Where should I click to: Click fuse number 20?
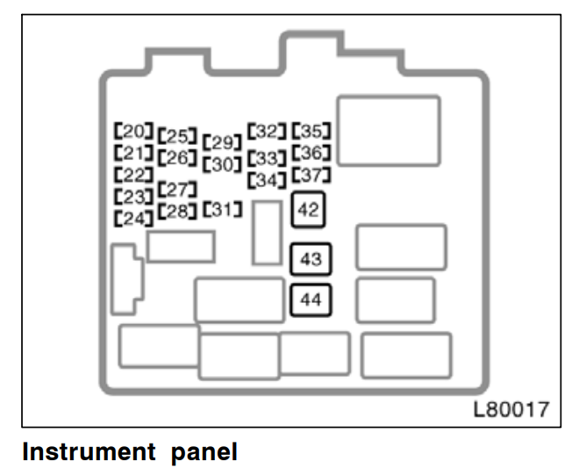click(133, 130)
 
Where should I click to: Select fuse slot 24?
click(133, 216)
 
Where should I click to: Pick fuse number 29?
click(222, 141)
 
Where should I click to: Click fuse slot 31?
click(222, 210)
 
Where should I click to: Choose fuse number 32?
click(268, 132)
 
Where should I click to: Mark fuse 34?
click(268, 180)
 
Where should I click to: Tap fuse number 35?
click(311, 132)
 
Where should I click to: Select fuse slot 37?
click(311, 175)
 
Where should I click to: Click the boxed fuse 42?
click(308, 210)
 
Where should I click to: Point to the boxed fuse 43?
click(311, 259)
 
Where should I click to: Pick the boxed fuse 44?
click(311, 300)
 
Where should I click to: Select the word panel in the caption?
click(203, 452)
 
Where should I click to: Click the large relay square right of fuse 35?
click(389, 131)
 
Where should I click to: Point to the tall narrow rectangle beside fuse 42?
click(267, 232)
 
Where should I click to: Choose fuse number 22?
click(133, 173)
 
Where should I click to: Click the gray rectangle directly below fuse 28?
click(182, 246)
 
